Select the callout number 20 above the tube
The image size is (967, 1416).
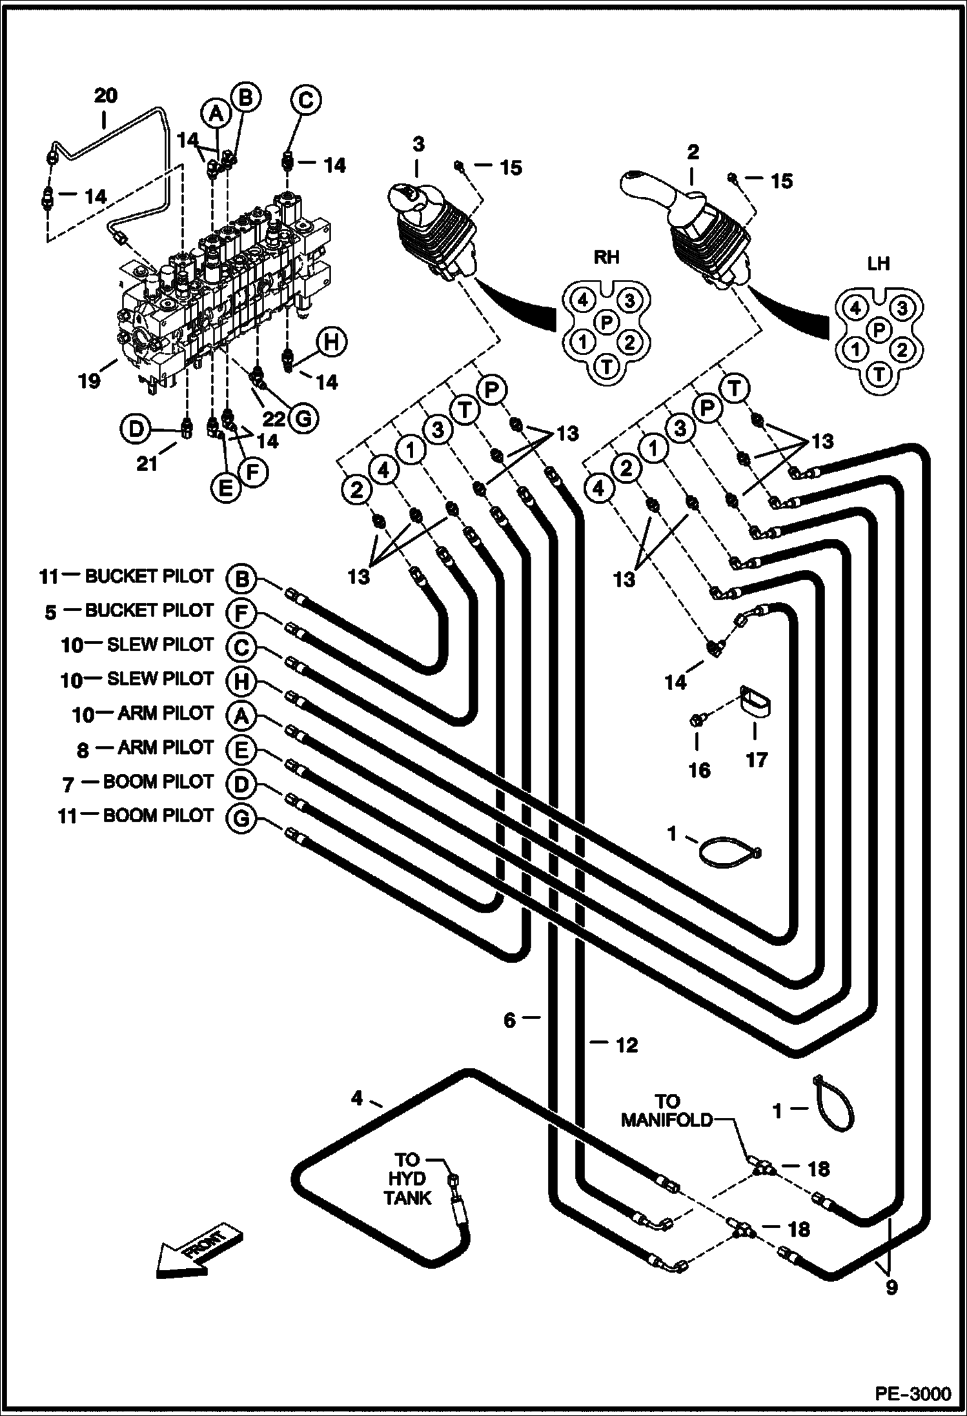click(106, 96)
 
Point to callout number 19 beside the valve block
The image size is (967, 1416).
click(90, 381)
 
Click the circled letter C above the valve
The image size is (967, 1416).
click(305, 100)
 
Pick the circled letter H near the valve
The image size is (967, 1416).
click(331, 341)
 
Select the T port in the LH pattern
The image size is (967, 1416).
click(879, 372)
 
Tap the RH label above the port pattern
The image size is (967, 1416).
click(606, 258)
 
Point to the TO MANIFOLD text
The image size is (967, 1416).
click(667, 1109)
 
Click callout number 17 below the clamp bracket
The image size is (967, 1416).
click(757, 760)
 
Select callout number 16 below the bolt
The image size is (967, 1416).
click(700, 770)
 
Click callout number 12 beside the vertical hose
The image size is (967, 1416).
click(626, 1044)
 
